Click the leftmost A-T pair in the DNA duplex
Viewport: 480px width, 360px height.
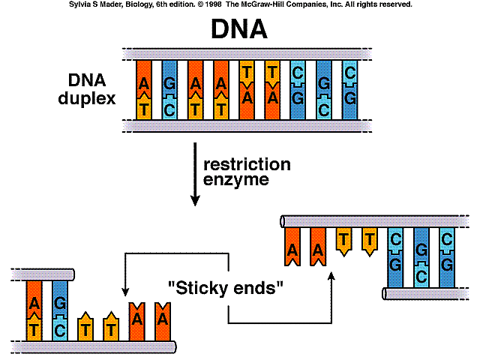pos(145,89)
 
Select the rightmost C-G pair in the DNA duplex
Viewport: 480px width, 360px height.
pos(349,89)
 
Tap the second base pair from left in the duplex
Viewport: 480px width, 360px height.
pos(170,89)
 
